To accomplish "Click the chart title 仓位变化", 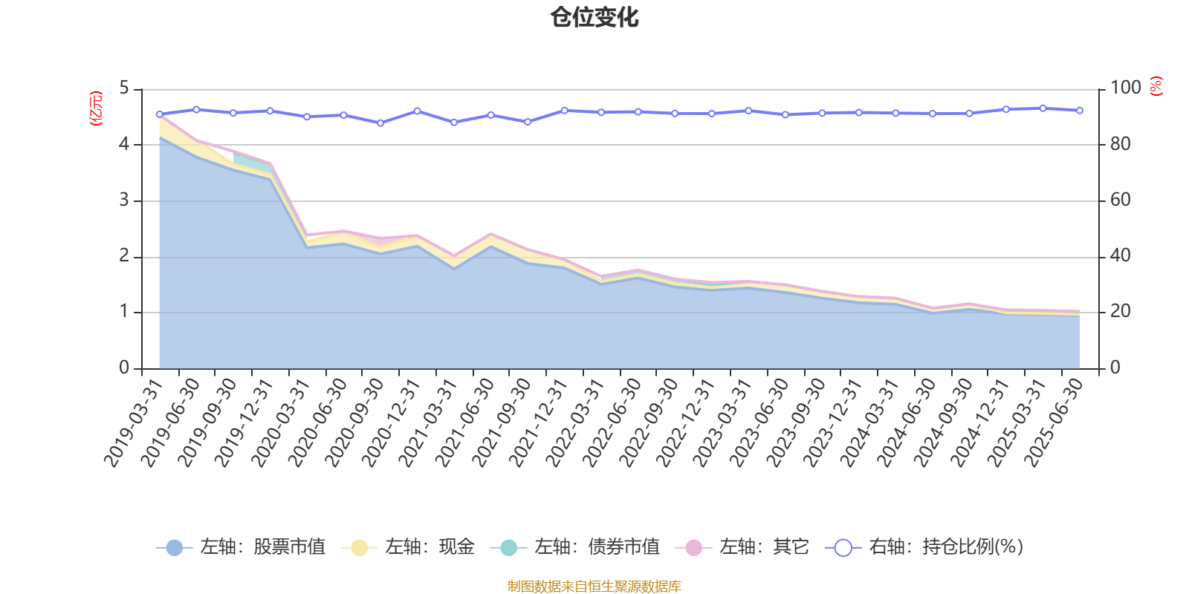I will click(x=594, y=17).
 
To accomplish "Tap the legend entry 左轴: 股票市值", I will click(x=241, y=547).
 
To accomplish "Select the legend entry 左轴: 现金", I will click(x=408, y=547).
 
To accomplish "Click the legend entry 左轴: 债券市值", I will click(x=575, y=547).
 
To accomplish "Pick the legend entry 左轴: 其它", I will click(x=742, y=547).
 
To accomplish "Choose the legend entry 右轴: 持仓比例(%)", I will click(x=924, y=547).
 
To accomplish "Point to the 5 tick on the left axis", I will click(x=124, y=89).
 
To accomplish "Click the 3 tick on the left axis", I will click(x=124, y=200).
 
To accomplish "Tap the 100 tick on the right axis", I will click(x=1125, y=88).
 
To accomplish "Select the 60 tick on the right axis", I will click(x=1121, y=200).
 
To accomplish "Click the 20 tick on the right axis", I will click(x=1121, y=312).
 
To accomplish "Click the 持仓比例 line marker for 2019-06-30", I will click(x=196, y=109).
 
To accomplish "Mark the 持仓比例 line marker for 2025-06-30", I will click(x=1080, y=110).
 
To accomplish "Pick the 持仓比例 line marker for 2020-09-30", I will click(x=380, y=123).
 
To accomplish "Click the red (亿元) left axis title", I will click(x=95, y=108).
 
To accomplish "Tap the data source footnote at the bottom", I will click(x=594, y=587).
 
